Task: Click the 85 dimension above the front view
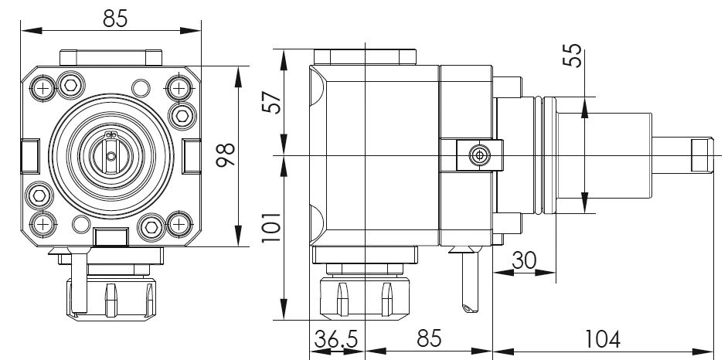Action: (115, 19)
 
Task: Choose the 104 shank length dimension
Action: (603, 339)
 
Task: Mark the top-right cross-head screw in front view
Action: (181, 88)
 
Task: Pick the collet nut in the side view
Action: (363, 295)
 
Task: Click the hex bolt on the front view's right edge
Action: (183, 116)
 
